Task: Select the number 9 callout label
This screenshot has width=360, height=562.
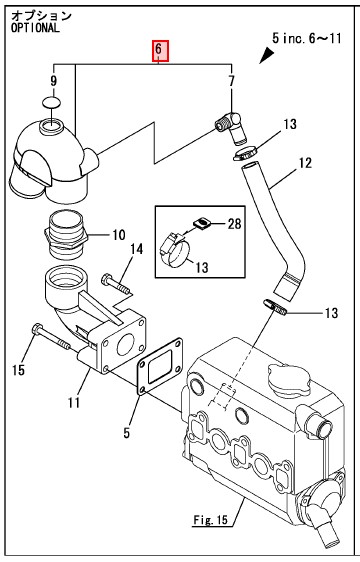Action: [x=53, y=81]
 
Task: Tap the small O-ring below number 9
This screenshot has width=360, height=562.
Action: [x=51, y=102]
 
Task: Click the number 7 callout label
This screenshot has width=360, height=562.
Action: [x=232, y=81]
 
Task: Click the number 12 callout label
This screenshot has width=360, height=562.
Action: [x=305, y=163]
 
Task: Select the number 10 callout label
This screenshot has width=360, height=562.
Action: [x=119, y=235]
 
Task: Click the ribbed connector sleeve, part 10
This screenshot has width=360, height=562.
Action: [x=67, y=235]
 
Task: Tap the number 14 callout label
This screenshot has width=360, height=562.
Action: [x=136, y=249]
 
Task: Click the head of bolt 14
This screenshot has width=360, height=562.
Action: [x=106, y=278]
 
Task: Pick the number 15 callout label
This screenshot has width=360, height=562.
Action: [x=18, y=370]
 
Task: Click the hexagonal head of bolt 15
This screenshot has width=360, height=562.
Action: [x=37, y=329]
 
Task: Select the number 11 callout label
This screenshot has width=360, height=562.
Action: [x=74, y=403]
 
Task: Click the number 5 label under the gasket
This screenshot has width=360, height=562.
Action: [x=126, y=433]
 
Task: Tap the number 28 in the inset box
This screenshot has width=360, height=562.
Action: [x=235, y=224]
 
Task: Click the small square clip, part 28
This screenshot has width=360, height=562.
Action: [x=201, y=224]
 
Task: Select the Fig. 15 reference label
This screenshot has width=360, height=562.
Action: [x=210, y=519]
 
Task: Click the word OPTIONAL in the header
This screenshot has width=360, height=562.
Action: [x=35, y=28]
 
